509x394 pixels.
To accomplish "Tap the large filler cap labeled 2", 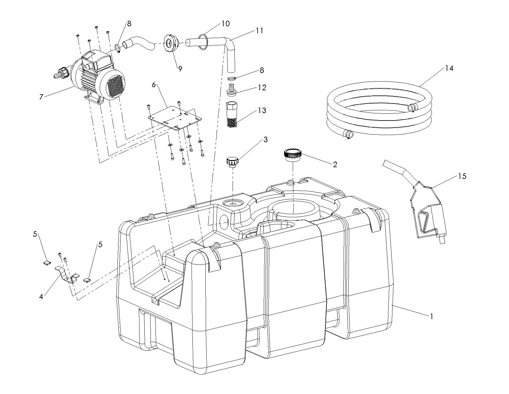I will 292,155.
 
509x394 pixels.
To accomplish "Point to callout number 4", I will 41,297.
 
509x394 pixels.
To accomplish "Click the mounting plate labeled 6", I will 175,119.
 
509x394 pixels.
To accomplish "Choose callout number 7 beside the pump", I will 41,97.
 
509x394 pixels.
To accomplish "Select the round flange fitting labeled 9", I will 170,44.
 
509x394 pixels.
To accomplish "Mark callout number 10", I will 226,23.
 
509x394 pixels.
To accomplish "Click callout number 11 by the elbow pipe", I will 259,31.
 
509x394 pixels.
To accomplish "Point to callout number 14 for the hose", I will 449,68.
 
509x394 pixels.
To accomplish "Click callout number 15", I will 462,176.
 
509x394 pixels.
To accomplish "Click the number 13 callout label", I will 262,110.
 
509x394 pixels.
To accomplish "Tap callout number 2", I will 335,164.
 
